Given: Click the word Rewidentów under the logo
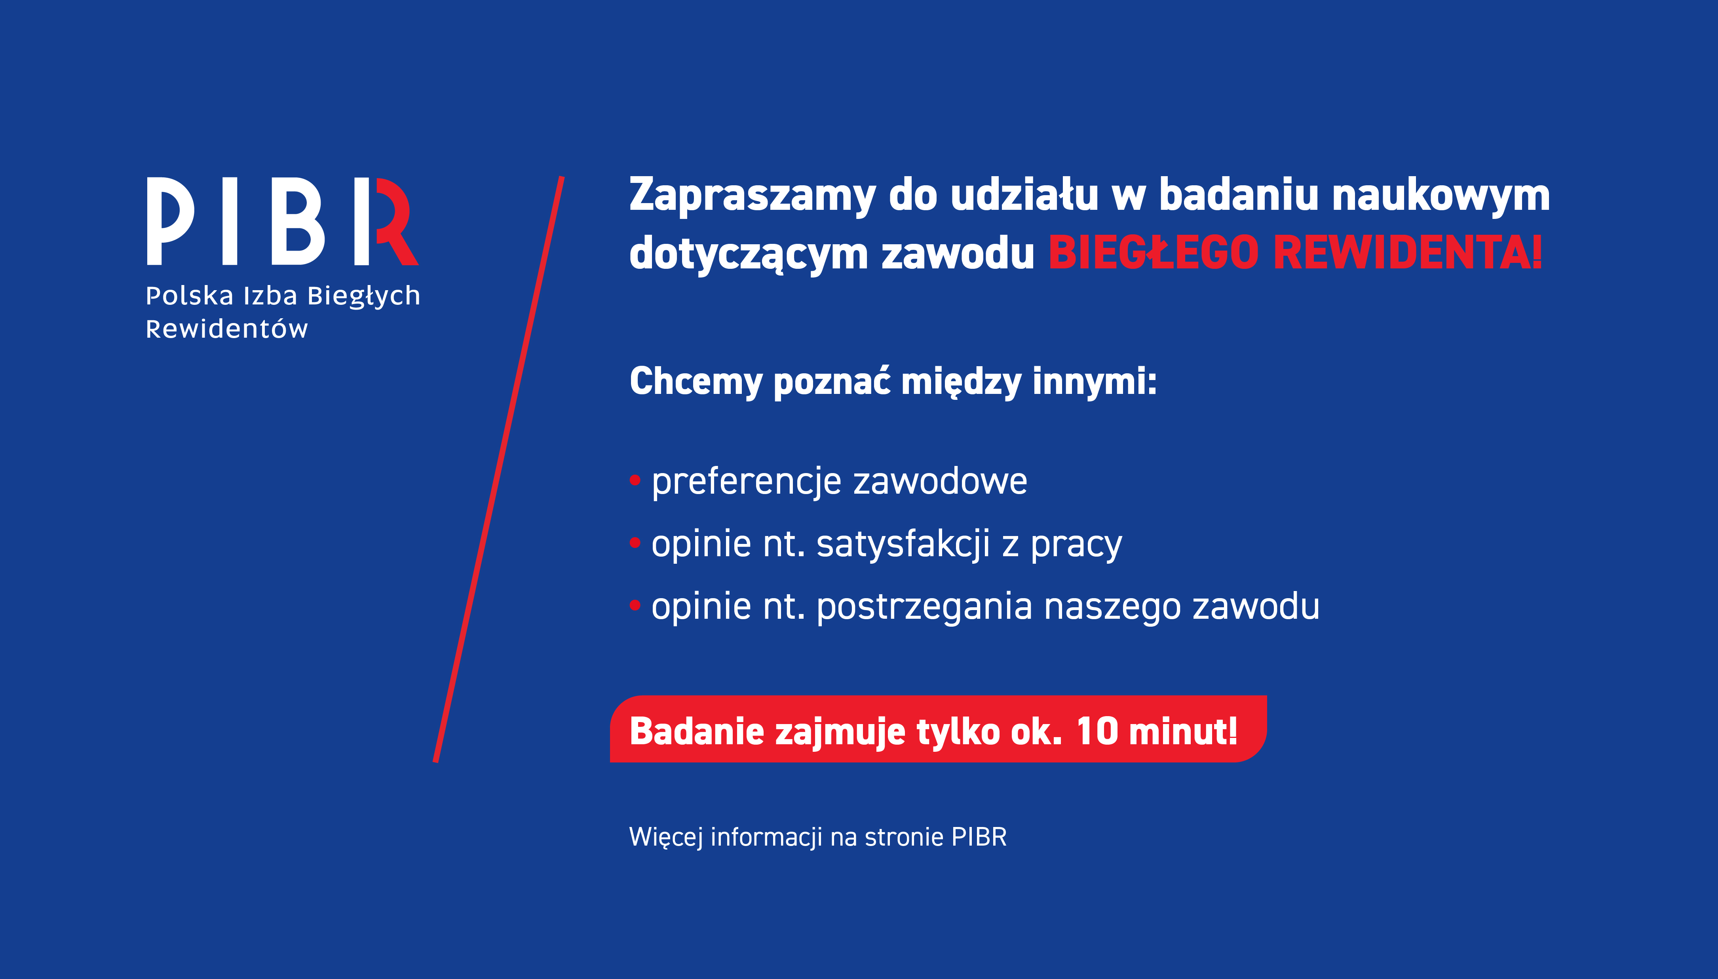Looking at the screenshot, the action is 226,329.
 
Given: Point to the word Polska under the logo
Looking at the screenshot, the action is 190,295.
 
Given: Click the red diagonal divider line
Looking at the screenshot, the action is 499,470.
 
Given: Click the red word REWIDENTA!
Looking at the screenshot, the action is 1408,253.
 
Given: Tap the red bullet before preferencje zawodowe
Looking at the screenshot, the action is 635,480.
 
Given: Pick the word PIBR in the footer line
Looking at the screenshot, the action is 979,837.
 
